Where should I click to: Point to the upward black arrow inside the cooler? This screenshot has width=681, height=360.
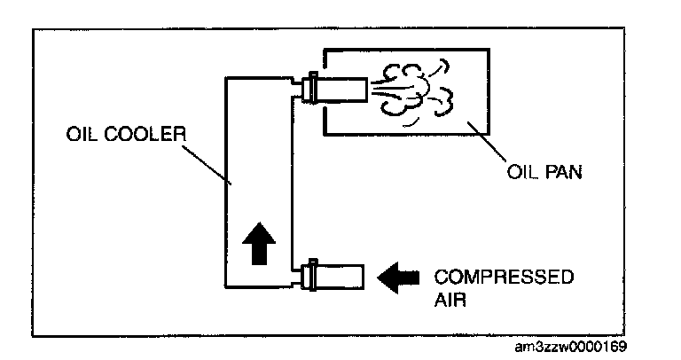tap(258, 240)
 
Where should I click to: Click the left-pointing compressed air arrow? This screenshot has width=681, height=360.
tap(397, 278)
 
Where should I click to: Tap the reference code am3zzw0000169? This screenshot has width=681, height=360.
tap(574, 345)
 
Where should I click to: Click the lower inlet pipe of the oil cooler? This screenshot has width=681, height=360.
tap(341, 276)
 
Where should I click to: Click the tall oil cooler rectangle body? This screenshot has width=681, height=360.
tap(258, 177)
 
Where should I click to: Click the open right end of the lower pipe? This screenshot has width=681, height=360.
tap(364, 276)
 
